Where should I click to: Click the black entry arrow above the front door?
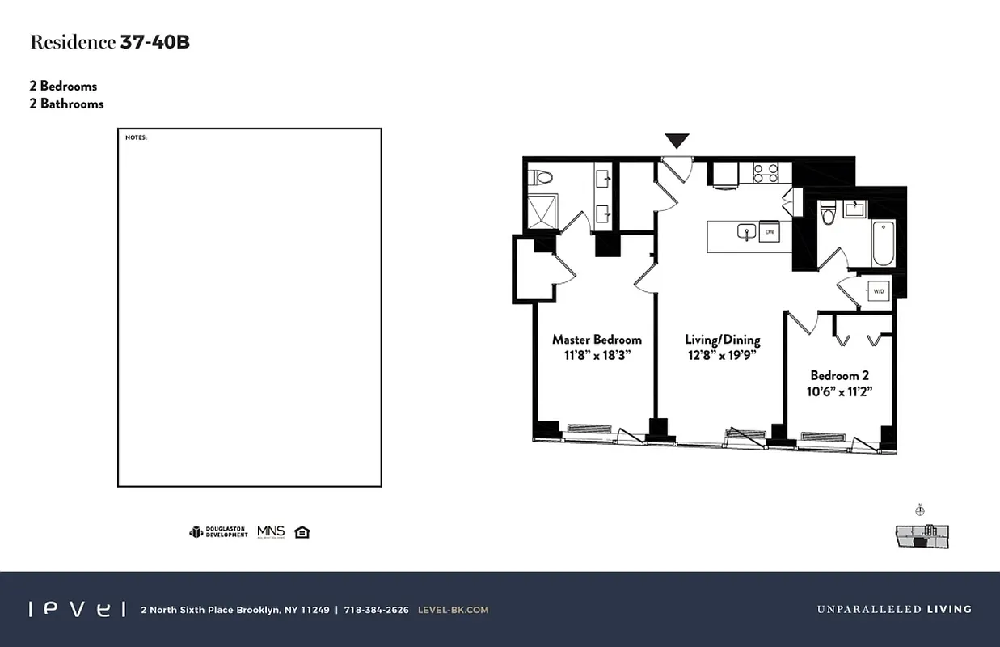[x=677, y=141]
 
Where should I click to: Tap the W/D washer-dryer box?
[x=878, y=290]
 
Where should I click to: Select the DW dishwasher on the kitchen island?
[x=770, y=232]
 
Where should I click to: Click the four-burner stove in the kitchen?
[x=766, y=172]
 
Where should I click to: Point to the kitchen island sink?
[x=745, y=233]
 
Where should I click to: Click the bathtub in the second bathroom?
[x=884, y=243]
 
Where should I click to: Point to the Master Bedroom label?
[x=597, y=340]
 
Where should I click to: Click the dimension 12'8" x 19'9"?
[x=722, y=356]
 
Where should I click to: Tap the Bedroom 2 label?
[x=839, y=375]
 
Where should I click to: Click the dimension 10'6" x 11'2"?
[x=839, y=391]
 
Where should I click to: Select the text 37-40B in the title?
[x=154, y=43]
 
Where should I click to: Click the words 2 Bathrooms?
[x=67, y=104]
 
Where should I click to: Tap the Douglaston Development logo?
[x=218, y=532]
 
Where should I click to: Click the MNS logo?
[x=271, y=531]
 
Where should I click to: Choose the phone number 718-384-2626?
[x=376, y=610]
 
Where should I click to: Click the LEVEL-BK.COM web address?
[x=453, y=610]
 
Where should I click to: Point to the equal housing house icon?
[x=302, y=531]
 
